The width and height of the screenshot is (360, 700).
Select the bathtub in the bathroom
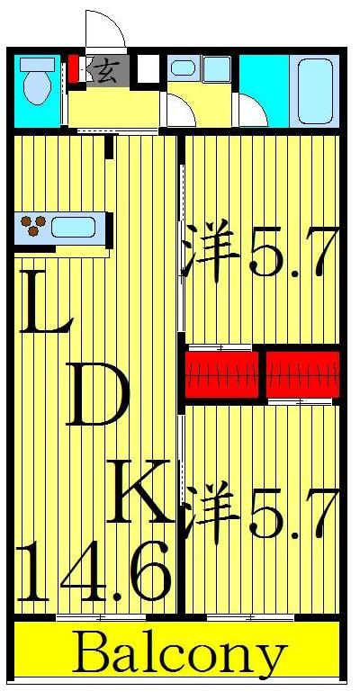(x=315, y=90)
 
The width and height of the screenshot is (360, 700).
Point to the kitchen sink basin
(x=73, y=227)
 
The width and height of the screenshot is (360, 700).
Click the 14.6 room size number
(x=94, y=571)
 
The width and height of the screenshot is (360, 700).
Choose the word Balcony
(x=180, y=656)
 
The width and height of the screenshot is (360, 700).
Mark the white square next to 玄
(x=148, y=68)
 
